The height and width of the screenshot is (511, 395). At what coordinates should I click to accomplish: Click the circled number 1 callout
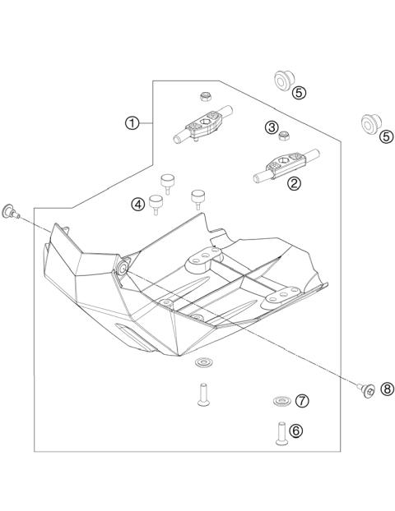click(x=131, y=123)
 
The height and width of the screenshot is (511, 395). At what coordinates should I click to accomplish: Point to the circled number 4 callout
click(x=138, y=205)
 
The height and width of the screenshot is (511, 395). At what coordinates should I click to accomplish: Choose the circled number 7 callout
click(x=302, y=401)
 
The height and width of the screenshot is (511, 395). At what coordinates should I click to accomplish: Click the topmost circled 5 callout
click(x=300, y=93)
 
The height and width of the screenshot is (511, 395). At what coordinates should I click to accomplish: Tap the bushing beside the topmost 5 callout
click(x=279, y=79)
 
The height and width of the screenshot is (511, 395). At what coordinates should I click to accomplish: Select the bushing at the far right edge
click(x=367, y=124)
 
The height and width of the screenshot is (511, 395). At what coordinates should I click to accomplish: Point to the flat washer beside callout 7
click(x=281, y=402)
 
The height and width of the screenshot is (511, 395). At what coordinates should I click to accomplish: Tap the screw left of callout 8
click(x=367, y=390)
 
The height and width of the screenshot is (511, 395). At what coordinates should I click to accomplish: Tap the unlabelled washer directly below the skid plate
click(x=202, y=362)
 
